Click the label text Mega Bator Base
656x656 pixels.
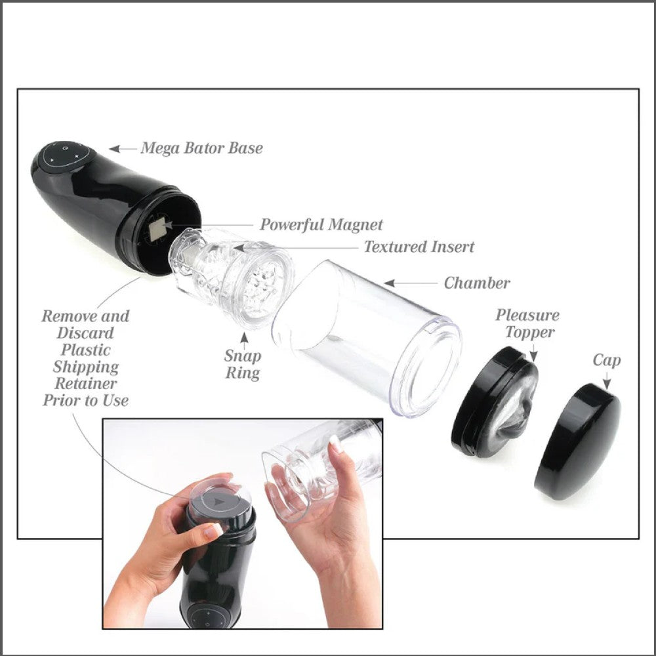(201, 148)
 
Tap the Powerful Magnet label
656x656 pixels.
(321, 225)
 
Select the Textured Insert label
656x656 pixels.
(419, 247)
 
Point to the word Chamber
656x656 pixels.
(477, 283)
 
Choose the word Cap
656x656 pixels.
(606, 360)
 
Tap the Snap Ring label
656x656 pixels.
(243, 365)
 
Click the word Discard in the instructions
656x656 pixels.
(86, 333)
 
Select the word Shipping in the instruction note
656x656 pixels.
(86, 367)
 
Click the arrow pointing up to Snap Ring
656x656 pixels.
(245, 339)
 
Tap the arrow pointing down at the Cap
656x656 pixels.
(606, 381)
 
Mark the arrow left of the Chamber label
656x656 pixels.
(410, 283)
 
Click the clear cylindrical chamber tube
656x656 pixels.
(367, 335)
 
